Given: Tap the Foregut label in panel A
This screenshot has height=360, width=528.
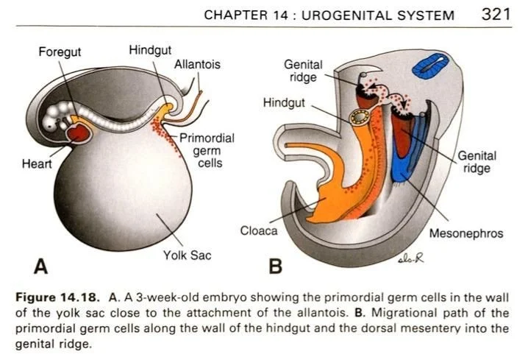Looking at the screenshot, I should pyautogui.click(x=60, y=52).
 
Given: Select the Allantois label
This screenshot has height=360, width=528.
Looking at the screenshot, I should pyautogui.click(x=196, y=65).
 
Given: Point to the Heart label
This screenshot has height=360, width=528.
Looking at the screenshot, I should pyautogui.click(x=37, y=163).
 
